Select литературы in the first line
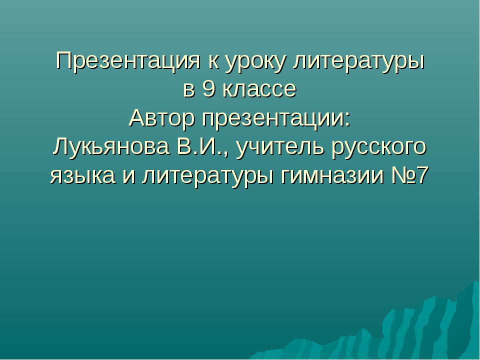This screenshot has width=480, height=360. pyautogui.click(x=358, y=62)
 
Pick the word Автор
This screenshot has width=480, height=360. pyautogui.click(x=162, y=119)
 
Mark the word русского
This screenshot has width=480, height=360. pyautogui.click(x=379, y=148)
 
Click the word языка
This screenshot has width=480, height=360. pyautogui.click(x=80, y=176)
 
